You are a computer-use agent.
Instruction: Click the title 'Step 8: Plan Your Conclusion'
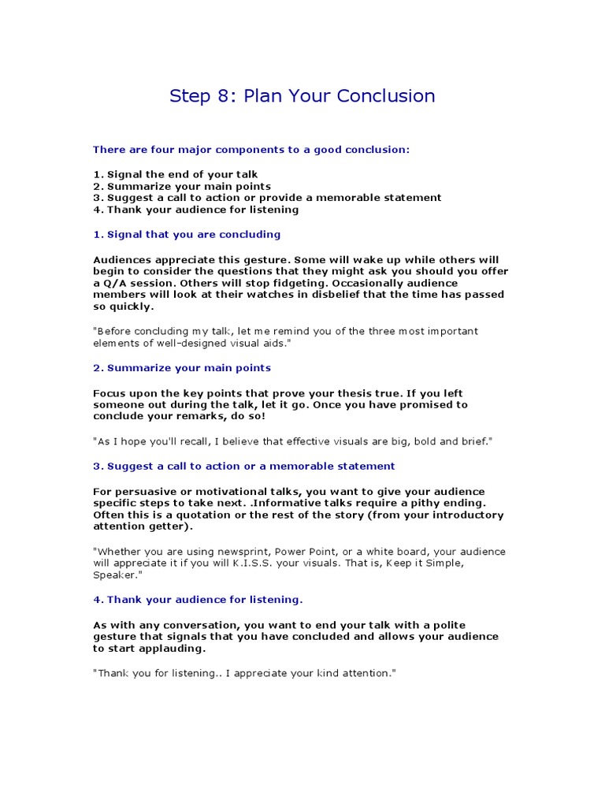302,96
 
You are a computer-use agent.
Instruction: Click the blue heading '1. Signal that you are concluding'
187,234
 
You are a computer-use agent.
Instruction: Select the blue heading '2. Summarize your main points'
181,367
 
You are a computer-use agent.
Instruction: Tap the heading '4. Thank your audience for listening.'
198,599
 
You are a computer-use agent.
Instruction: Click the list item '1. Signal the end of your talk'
175,174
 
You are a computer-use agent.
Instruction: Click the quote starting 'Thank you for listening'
243,673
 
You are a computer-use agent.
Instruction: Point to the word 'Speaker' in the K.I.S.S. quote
114,575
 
